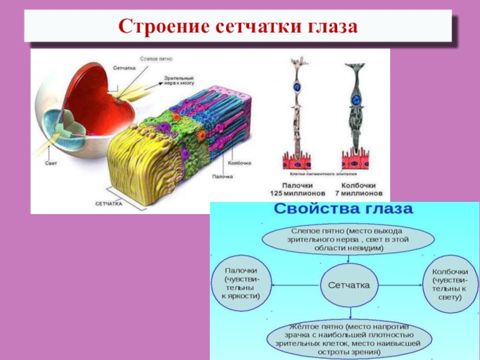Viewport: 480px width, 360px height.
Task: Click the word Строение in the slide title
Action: pyautogui.click(x=160, y=27)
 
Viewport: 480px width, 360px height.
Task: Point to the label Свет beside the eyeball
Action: pyautogui.click(x=51, y=163)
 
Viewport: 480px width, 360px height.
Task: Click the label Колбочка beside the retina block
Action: pyautogui.click(x=239, y=163)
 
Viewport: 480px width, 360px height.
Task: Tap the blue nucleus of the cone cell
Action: pyautogui.click(x=356, y=99)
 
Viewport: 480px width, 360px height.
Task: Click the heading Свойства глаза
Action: pyautogui.click(x=344, y=210)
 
